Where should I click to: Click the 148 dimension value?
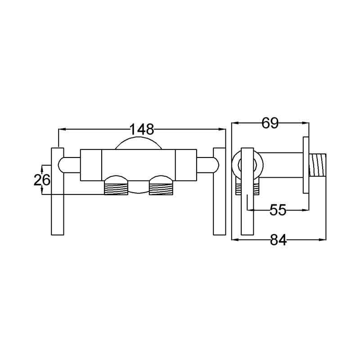[x=142, y=129]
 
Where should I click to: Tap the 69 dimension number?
[x=270, y=123]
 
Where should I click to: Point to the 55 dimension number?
[x=278, y=210]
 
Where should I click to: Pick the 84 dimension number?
[x=278, y=240]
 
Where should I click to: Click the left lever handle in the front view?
[x=58, y=191]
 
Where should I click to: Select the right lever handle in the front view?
[x=220, y=191]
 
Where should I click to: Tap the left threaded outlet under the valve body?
[x=116, y=188]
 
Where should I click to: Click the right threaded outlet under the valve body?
[x=161, y=188]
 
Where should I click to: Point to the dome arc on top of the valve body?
[x=139, y=137]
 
